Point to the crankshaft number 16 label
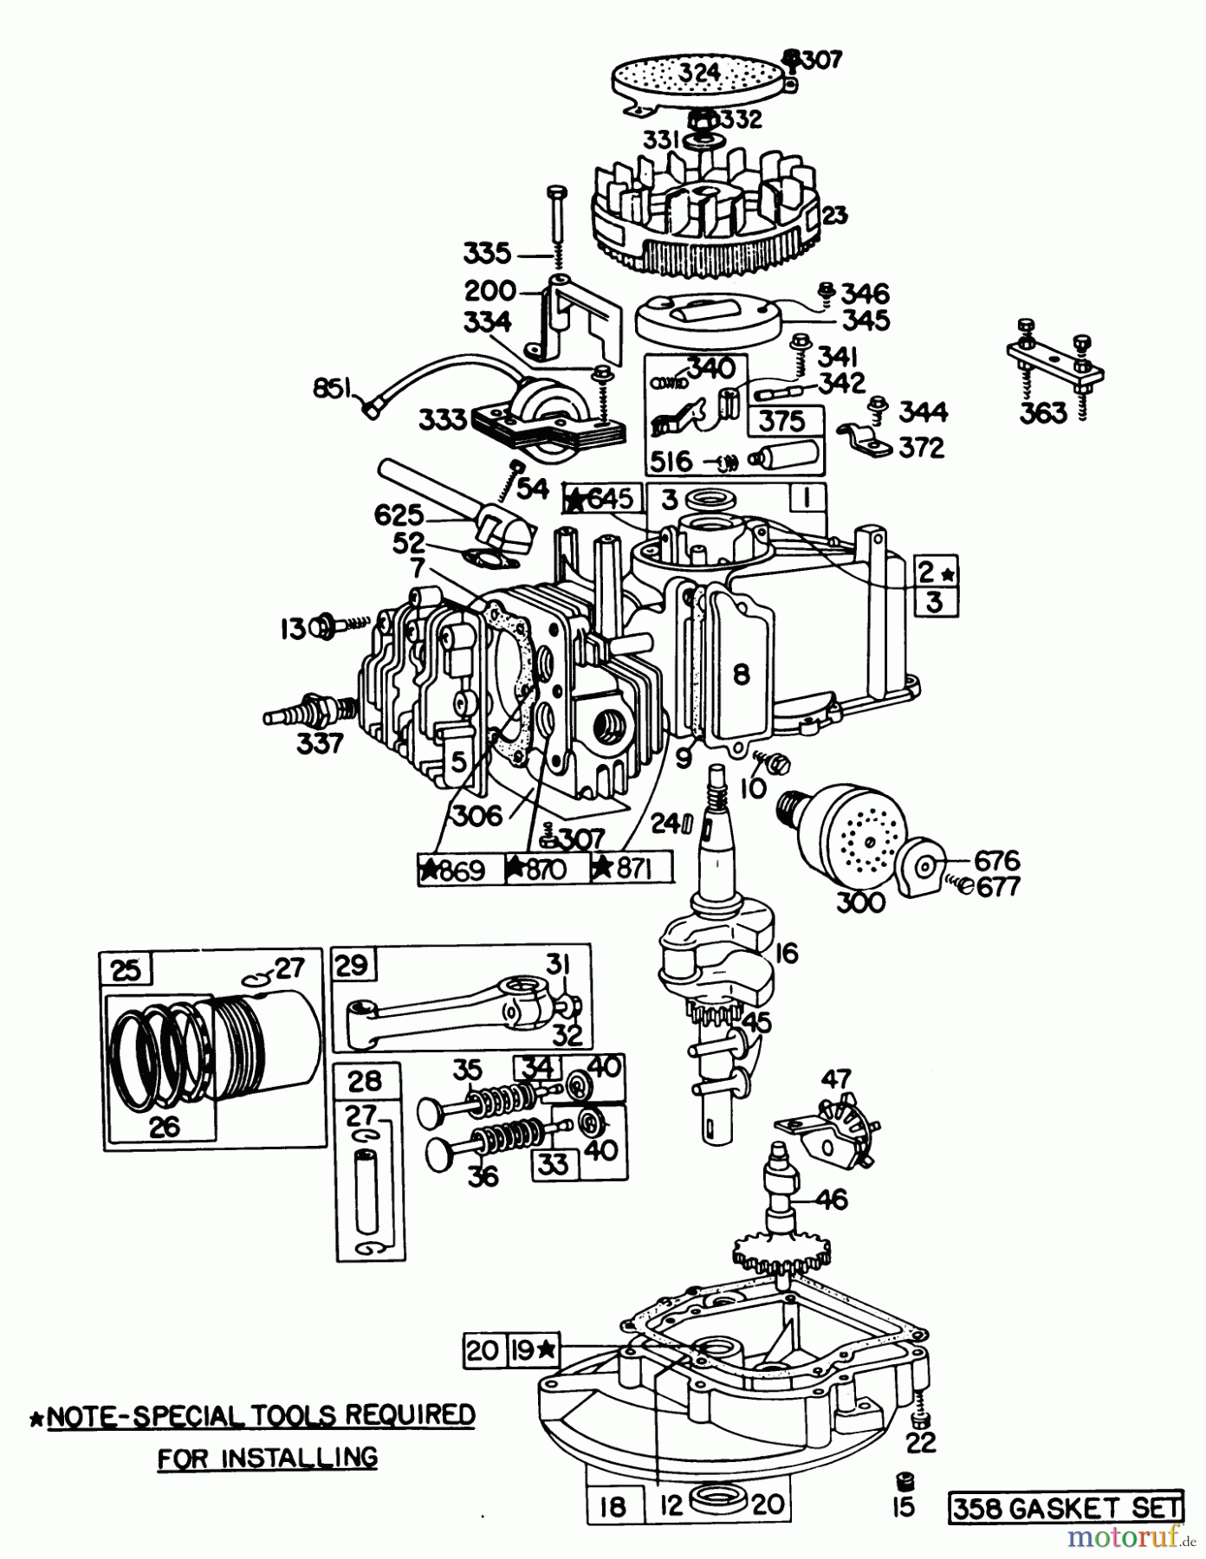point(785,954)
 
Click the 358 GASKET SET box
point(1066,1509)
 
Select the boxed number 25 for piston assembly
point(126,969)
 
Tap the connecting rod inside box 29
point(451,1005)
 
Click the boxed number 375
point(781,422)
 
